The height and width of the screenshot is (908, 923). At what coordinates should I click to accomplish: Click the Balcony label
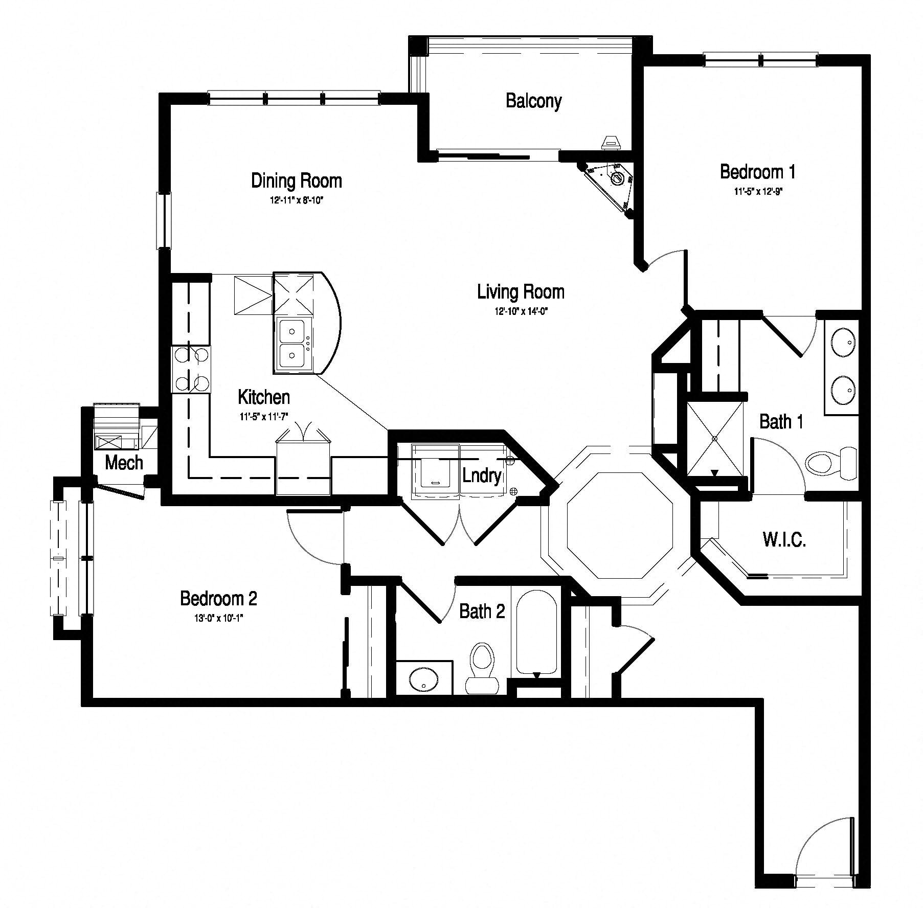pyautogui.click(x=533, y=101)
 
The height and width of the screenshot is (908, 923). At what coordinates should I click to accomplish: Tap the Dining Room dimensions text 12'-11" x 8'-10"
pyautogui.click(x=297, y=200)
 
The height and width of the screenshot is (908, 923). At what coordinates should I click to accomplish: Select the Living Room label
pyautogui.click(x=521, y=292)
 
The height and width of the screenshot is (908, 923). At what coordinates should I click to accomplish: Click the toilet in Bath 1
pyautogui.click(x=831, y=463)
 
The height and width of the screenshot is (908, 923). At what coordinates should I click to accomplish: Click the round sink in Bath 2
pyautogui.click(x=423, y=679)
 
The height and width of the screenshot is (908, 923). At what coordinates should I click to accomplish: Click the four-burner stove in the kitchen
pyautogui.click(x=191, y=369)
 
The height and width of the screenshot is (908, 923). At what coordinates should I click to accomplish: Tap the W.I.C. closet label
pyautogui.click(x=784, y=540)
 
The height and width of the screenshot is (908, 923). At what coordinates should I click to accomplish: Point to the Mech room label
pyautogui.click(x=124, y=463)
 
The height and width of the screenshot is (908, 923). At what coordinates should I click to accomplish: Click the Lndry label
pyautogui.click(x=481, y=475)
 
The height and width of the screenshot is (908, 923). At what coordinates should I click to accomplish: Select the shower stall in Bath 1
pyautogui.click(x=715, y=438)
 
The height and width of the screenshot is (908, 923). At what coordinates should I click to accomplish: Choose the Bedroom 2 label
pyautogui.click(x=218, y=598)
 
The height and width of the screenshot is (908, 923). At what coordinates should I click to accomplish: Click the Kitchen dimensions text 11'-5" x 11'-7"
pyautogui.click(x=264, y=417)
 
